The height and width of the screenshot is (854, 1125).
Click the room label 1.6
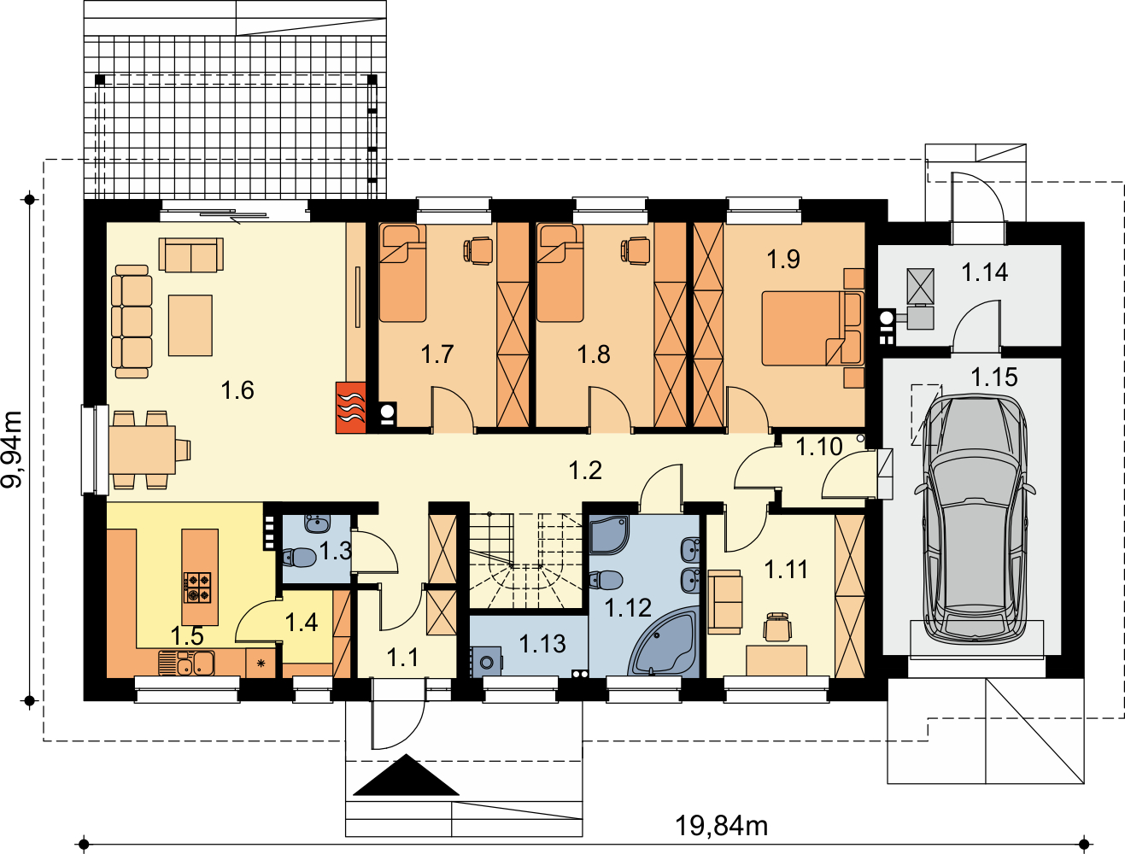tap(237, 390)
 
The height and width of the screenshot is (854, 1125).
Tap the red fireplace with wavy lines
tap(351, 408)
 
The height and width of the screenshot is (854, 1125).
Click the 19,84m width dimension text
tap(721, 826)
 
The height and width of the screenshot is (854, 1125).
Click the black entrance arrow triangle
tap(406, 775)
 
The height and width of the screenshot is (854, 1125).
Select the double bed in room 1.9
tap(812, 329)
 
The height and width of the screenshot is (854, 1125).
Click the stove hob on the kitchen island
tap(197, 587)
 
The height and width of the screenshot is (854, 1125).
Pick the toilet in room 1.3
tap(299, 557)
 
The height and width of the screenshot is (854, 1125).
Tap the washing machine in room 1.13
tap(486, 662)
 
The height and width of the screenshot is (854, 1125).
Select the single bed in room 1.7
tap(403, 273)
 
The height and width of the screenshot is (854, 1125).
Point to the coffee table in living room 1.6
tap(190, 325)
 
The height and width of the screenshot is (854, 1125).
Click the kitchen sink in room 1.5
tap(186, 663)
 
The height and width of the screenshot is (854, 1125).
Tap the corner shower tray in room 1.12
tap(609, 535)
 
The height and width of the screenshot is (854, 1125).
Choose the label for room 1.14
tap(985, 272)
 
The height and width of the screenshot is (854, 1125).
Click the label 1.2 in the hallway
tap(585, 471)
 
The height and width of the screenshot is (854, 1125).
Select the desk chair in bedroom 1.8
tap(636, 250)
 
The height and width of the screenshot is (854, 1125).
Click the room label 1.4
tap(302, 623)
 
